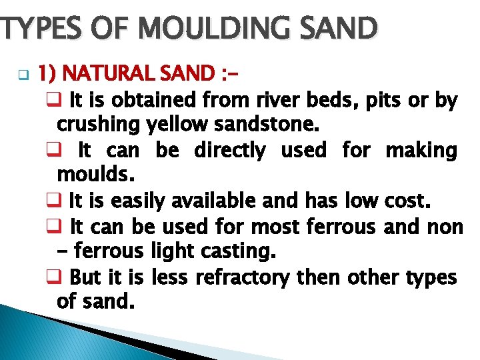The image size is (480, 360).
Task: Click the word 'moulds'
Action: (x=94, y=175)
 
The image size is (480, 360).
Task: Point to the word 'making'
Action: (x=421, y=151)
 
